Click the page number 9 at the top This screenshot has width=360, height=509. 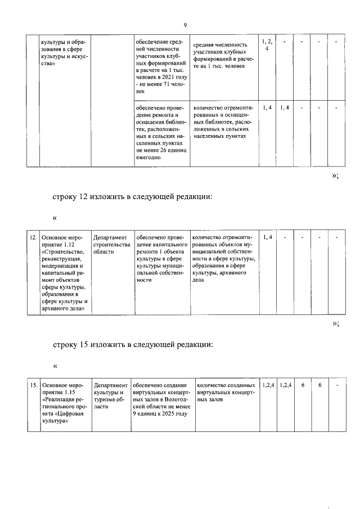coord(184,25)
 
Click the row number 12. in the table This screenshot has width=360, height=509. coord(33,238)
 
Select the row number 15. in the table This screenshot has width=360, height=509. coord(33,385)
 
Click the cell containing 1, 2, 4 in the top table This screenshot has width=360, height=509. coord(267,46)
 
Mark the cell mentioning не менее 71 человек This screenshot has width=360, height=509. coord(160,66)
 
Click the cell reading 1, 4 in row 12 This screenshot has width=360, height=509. coord(267,238)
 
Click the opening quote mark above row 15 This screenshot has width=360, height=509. coord(55,366)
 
